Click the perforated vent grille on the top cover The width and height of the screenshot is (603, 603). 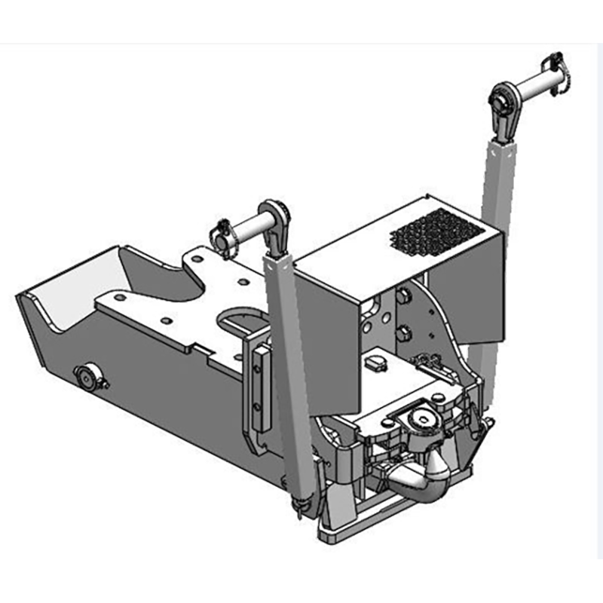pyautogui.click(x=433, y=231)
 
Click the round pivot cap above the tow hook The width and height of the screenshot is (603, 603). pyautogui.click(x=417, y=419)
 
